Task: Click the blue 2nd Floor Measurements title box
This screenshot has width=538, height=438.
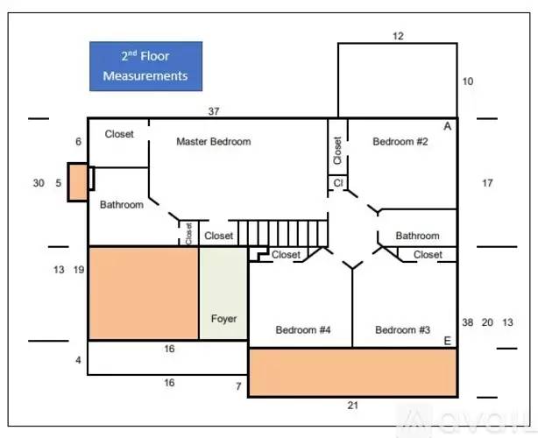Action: (145, 67)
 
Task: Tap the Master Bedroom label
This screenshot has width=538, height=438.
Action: (214, 141)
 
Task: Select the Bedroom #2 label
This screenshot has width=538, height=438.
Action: (400, 141)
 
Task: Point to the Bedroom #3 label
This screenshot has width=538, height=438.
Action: (402, 329)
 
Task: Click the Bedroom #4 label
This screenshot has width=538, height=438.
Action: (303, 329)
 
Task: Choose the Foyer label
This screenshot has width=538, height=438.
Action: (223, 319)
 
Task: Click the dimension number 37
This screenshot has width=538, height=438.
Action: (214, 111)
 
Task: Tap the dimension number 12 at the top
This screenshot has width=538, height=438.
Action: (398, 36)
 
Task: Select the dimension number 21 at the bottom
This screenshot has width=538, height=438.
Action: (353, 406)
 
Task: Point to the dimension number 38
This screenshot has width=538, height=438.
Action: (467, 322)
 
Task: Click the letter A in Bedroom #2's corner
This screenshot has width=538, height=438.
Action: (448, 126)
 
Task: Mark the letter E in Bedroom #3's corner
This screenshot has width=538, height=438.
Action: (448, 341)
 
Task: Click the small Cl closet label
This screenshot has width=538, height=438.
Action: (338, 183)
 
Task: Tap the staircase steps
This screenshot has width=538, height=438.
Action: (283, 233)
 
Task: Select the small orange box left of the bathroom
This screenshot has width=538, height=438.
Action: (77, 182)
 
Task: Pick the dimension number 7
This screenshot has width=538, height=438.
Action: (238, 386)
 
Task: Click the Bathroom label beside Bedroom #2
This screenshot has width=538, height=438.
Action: (417, 236)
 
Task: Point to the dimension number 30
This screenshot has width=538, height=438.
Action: (39, 183)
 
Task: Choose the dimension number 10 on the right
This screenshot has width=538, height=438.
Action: (468, 81)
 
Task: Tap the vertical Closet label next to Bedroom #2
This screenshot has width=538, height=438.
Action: (337, 151)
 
